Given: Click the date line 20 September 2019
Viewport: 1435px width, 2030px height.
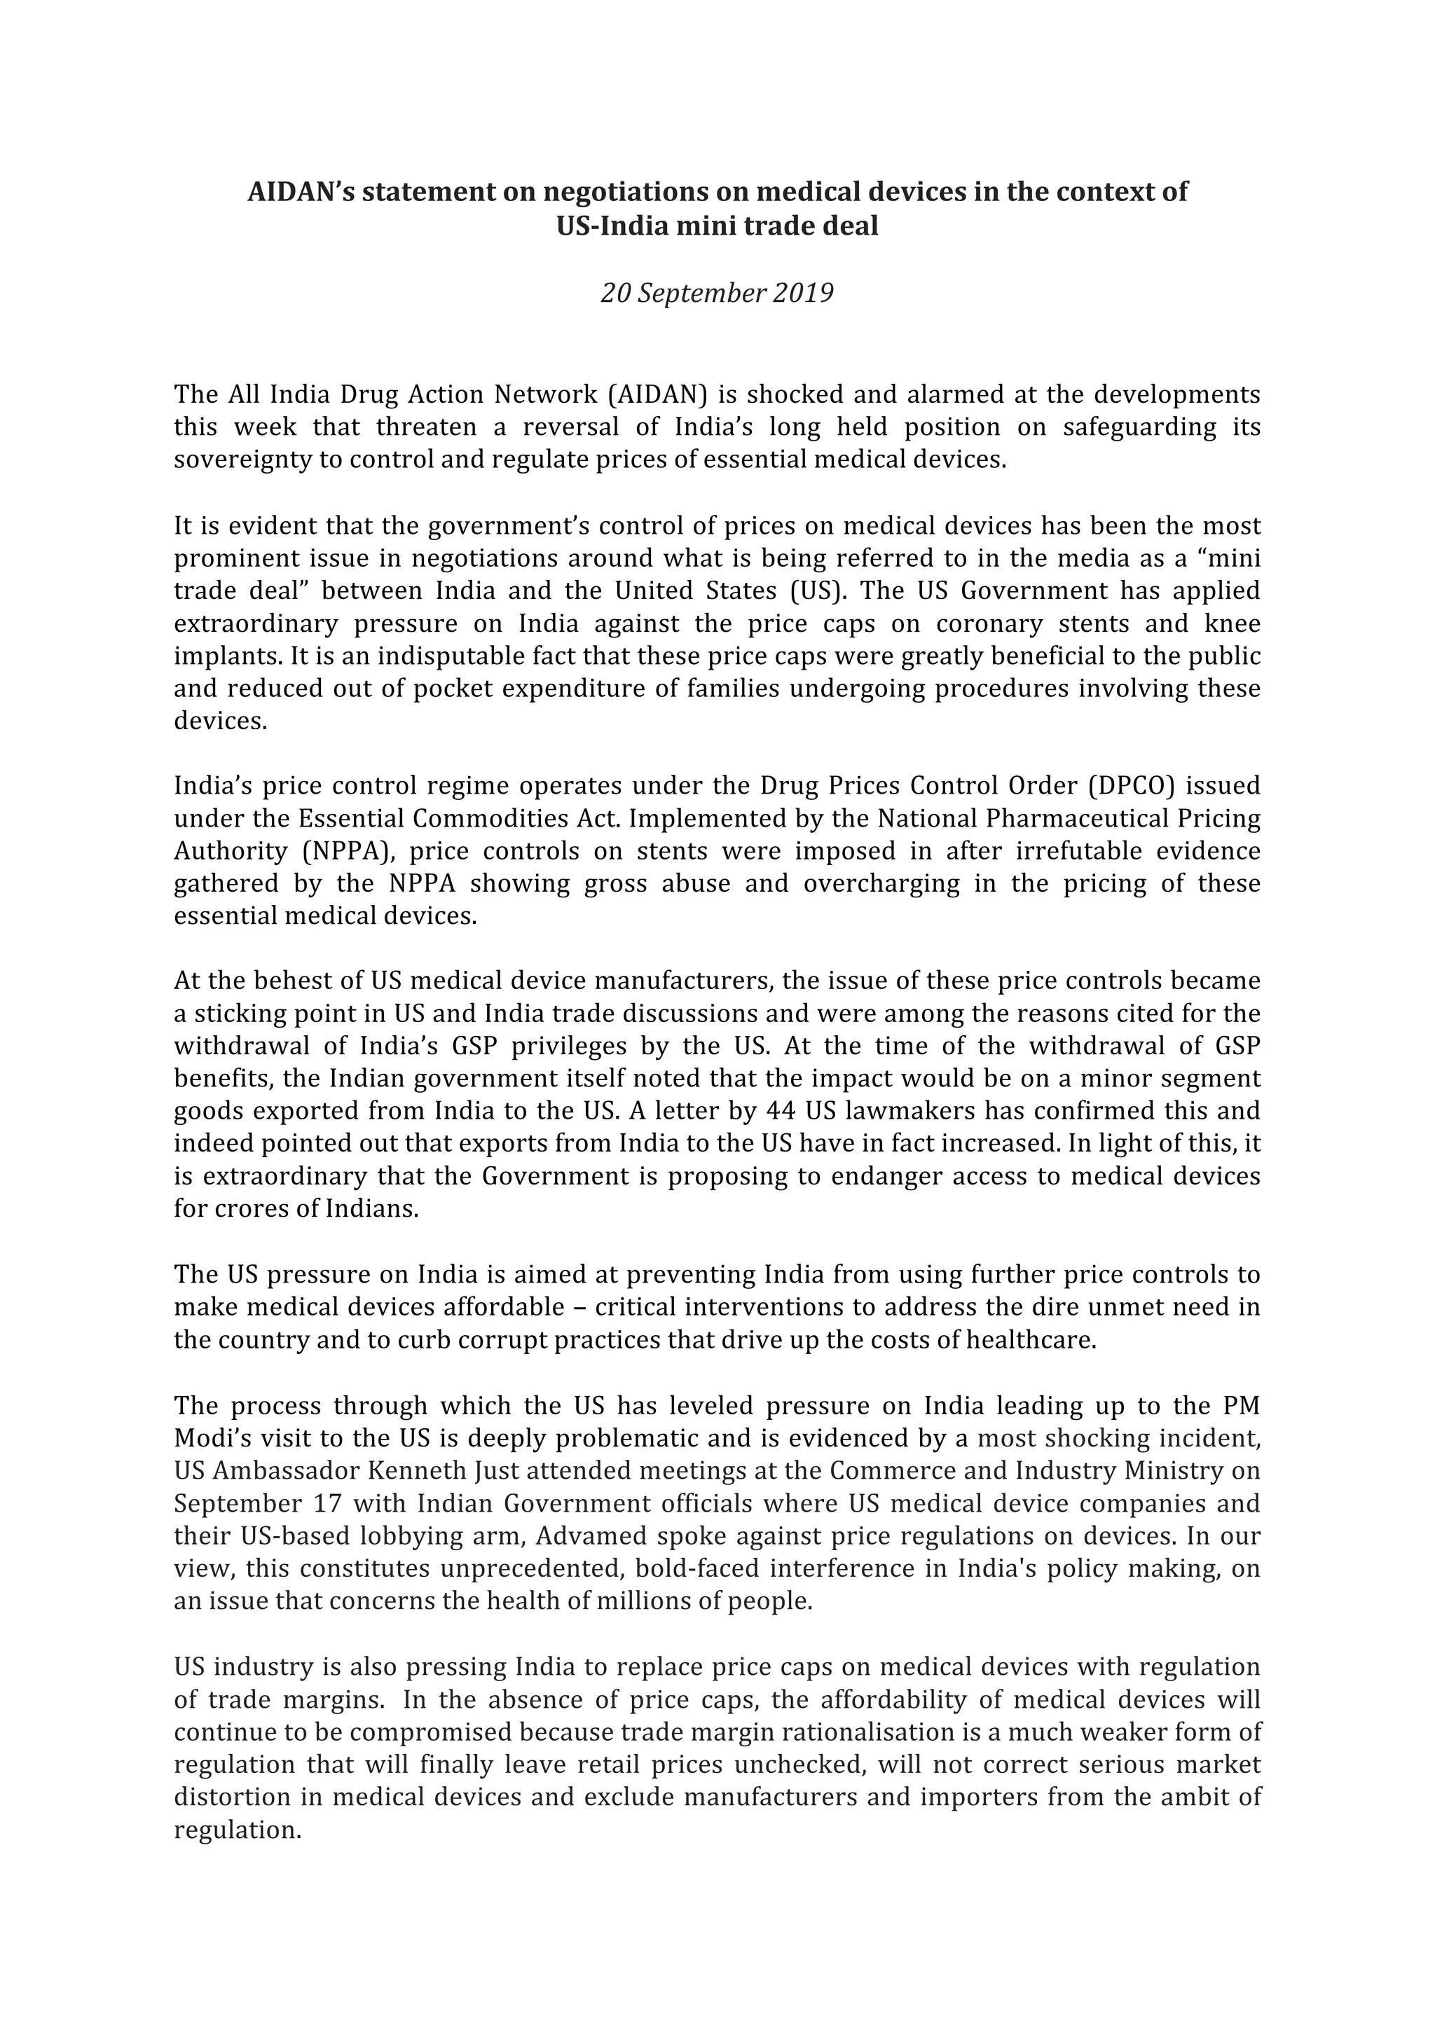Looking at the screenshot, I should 716,293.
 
